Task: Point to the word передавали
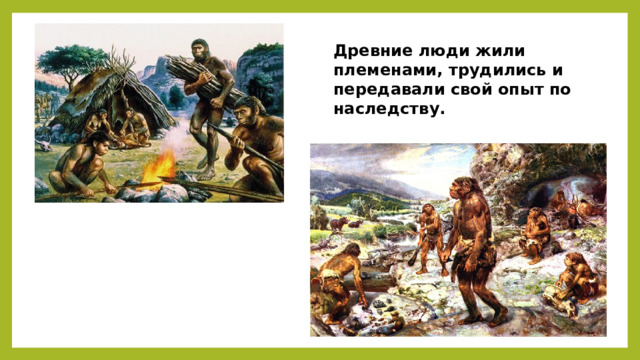389,90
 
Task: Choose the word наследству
389,109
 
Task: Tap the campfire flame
159,167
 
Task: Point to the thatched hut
110,102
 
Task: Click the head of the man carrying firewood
200,49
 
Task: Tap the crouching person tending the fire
82,163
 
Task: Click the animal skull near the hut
44,145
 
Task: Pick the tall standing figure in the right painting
473,249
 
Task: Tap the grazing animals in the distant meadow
345,224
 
